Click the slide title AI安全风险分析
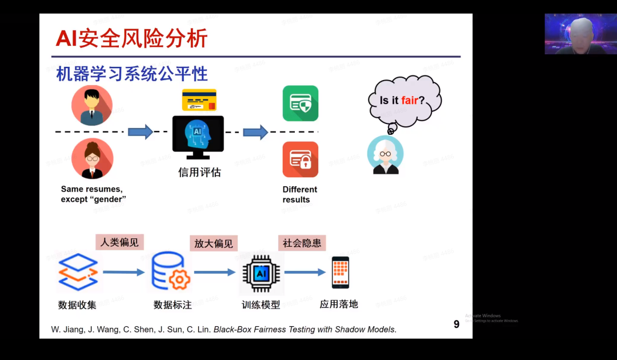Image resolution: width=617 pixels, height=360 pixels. [x=131, y=39]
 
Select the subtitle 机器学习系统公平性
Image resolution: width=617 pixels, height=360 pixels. [x=132, y=74]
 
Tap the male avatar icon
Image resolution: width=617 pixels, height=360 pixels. [x=92, y=106]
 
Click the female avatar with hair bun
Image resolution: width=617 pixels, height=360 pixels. [x=92, y=158]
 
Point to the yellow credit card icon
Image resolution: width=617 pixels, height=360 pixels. [x=199, y=100]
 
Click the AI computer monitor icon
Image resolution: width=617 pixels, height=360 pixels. [x=198, y=137]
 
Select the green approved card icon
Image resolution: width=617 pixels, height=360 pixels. [x=301, y=103]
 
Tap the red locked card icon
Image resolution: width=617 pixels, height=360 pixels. [x=301, y=159]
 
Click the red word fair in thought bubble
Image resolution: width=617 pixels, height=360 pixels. [x=410, y=101]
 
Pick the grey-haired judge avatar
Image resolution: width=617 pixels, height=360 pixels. [x=385, y=155]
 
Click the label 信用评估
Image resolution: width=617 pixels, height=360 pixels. [x=199, y=172]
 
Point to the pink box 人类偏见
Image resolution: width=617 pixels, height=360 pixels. [x=119, y=242]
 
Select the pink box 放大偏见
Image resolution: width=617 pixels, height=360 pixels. [x=214, y=243]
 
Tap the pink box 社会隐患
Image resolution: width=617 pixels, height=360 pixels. [x=302, y=243]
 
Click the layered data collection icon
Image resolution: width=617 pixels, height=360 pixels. [x=78, y=273]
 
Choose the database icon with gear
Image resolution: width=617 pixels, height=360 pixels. [x=170, y=273]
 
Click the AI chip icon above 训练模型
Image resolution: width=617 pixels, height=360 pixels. [x=261, y=273]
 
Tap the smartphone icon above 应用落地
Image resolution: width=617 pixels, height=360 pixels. [x=340, y=273]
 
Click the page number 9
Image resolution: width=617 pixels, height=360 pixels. [x=456, y=325]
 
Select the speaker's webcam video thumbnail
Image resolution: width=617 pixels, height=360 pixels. [x=580, y=34]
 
